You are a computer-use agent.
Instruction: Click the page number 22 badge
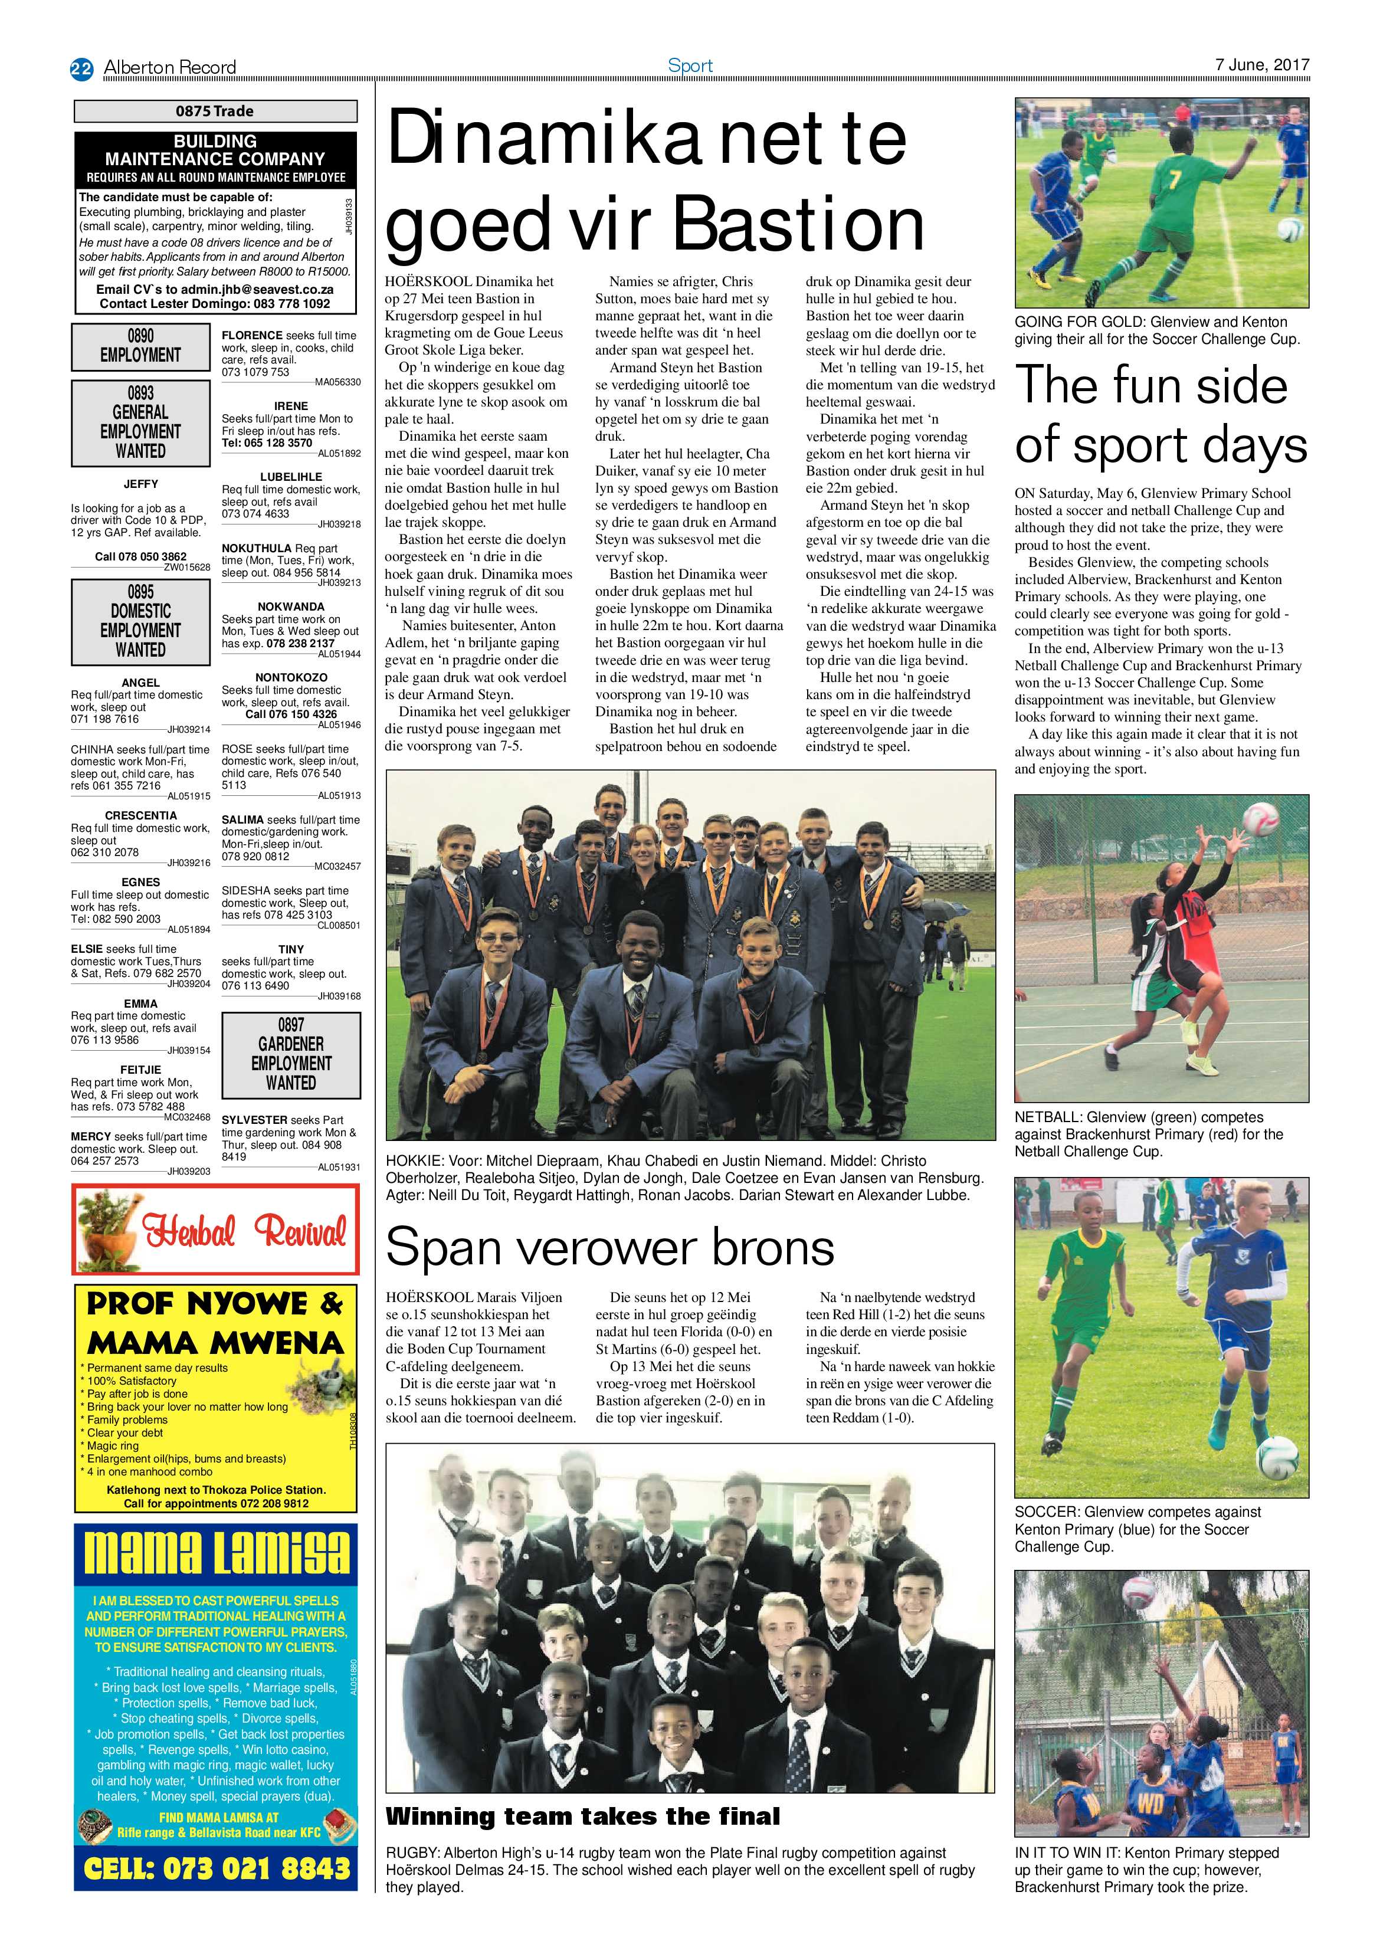(81, 68)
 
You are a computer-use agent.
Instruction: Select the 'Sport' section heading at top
(690, 65)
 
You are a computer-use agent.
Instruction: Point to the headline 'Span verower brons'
(609, 1248)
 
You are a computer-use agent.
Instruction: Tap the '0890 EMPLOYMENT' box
(141, 345)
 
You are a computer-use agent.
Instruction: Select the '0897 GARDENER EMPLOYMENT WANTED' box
(291, 1054)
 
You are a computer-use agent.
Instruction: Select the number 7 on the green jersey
(1174, 179)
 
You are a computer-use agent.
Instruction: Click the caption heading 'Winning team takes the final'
(582, 1816)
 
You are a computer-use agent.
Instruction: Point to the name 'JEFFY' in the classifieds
(141, 484)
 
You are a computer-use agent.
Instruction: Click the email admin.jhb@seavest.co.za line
(214, 289)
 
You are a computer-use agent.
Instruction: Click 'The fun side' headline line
(1152, 385)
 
